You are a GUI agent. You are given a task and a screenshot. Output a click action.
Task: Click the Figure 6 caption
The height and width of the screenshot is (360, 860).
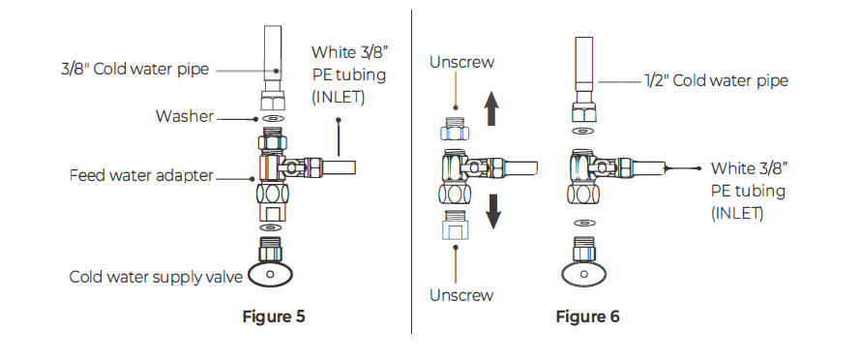587,316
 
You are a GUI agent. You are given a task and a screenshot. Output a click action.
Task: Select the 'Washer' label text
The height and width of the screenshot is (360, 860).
185,117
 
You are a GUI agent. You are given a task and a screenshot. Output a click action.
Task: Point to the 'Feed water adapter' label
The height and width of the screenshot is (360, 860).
140,176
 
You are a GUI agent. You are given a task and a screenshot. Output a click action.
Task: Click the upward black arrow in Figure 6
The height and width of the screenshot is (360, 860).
491,108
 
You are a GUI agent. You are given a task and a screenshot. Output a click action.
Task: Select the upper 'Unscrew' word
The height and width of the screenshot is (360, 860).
462,62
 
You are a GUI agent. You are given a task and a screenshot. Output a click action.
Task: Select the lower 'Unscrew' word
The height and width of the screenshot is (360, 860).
462,294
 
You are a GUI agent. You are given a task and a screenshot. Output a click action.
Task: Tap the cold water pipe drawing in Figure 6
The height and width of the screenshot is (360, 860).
584,68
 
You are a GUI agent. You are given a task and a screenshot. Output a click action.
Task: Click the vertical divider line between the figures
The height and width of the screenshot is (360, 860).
413,174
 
